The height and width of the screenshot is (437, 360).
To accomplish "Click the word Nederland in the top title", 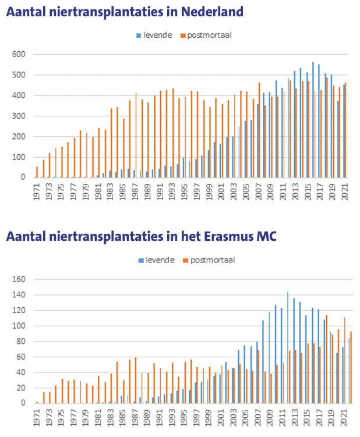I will click(209, 11).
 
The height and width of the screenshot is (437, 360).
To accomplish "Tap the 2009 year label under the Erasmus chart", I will click(269, 415).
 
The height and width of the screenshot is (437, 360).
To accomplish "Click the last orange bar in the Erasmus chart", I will click(351, 367).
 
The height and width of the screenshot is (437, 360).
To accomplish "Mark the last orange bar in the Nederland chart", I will click(345, 130).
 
